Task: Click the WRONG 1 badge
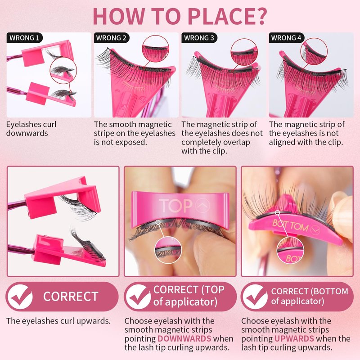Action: click(25, 38)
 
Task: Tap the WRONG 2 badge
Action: click(112, 38)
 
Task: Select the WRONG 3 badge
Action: click(199, 38)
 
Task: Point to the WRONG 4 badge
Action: click(286, 38)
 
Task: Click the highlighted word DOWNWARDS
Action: click(184, 339)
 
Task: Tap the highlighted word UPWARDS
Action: click(294, 339)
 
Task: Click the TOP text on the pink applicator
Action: click(175, 205)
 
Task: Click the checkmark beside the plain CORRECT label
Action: click(20, 297)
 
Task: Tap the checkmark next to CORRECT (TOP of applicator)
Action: click(139, 297)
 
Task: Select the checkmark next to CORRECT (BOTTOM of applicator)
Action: click(255, 297)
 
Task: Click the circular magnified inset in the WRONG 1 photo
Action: click(63, 71)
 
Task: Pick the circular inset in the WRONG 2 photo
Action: click(155, 49)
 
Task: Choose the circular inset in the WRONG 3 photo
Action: click(244, 52)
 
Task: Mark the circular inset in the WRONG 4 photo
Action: click(314, 51)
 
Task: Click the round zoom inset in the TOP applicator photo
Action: click(168, 250)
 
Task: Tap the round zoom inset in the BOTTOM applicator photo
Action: click(290, 250)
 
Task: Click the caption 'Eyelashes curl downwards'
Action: click(31, 129)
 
